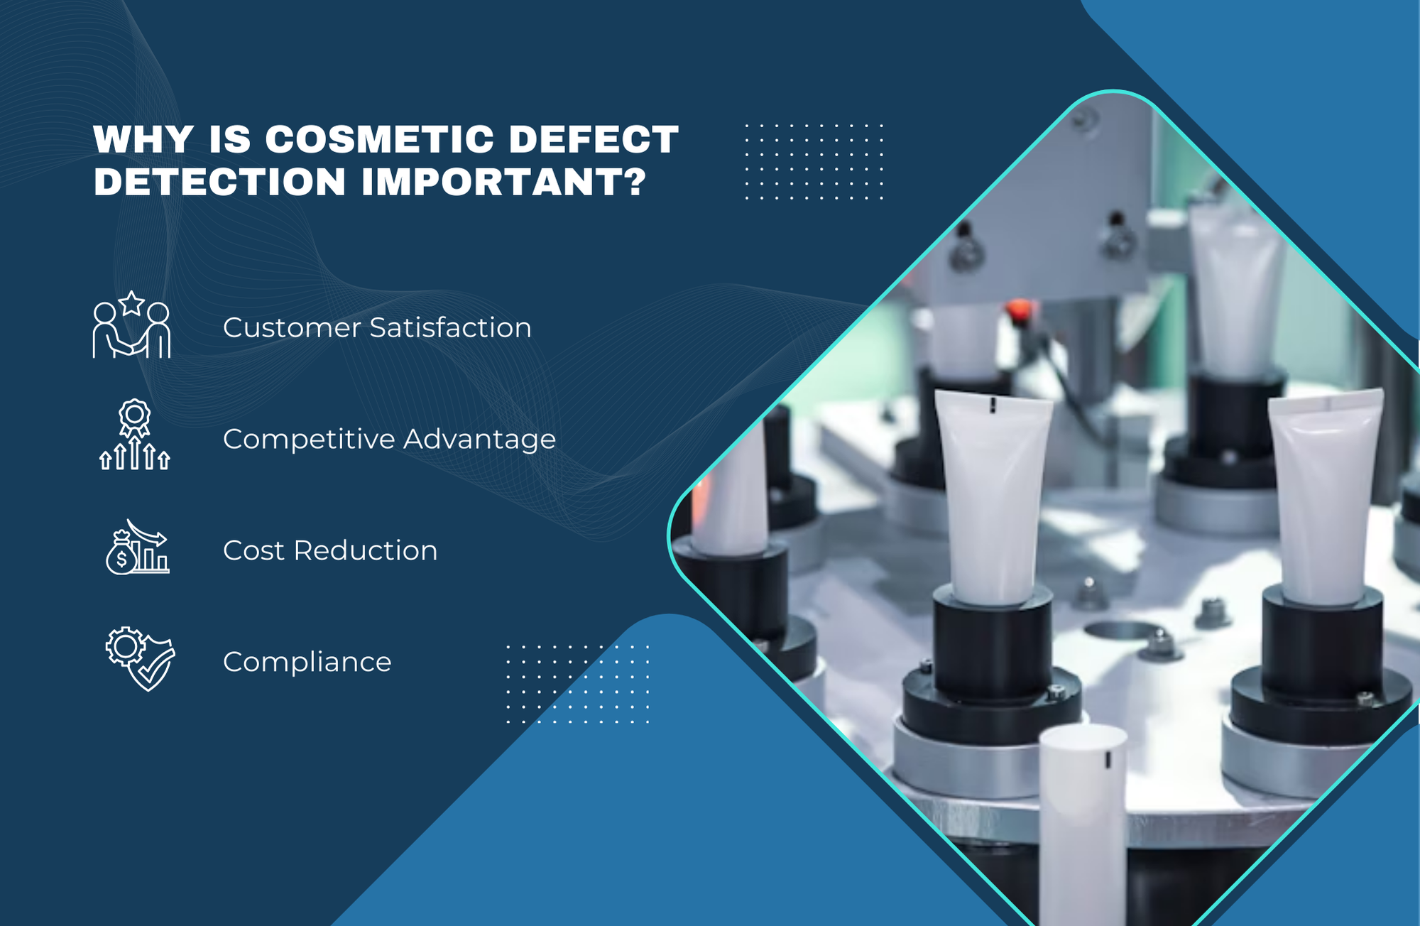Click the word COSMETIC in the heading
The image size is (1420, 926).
click(379, 139)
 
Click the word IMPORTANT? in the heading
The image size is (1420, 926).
click(504, 182)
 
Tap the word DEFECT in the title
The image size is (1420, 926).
click(594, 139)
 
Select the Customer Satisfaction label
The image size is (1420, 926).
click(377, 328)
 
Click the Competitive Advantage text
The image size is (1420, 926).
click(389, 440)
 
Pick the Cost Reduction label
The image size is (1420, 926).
click(330, 551)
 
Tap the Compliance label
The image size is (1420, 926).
click(307, 663)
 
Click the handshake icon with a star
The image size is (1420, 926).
click(132, 327)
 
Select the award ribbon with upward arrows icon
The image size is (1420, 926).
click(135, 435)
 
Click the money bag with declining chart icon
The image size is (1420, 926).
click(137, 548)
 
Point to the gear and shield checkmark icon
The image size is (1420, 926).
click(140, 658)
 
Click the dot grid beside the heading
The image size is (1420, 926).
click(814, 162)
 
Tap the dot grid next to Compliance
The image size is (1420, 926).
click(578, 685)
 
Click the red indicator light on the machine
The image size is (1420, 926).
click(1018, 310)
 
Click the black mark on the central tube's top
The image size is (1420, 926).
click(993, 405)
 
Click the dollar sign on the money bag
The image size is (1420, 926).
click(122, 560)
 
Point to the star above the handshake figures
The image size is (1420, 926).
click(132, 304)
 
